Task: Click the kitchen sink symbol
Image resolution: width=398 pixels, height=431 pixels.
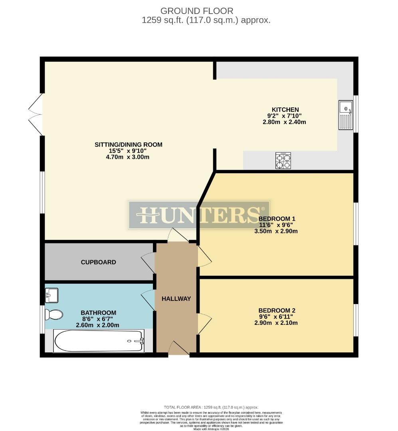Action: [x=346, y=115]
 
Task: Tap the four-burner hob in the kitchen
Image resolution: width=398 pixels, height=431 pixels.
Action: [x=283, y=160]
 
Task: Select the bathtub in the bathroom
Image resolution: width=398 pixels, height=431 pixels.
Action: [x=99, y=341]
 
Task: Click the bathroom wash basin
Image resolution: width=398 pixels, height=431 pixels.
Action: [x=52, y=295]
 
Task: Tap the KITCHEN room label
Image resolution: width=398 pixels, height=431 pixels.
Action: [x=285, y=110]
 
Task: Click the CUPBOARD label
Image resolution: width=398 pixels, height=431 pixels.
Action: [x=99, y=262]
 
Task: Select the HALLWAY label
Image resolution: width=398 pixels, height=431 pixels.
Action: [x=176, y=299]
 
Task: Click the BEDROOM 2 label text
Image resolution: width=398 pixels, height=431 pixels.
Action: [x=277, y=310]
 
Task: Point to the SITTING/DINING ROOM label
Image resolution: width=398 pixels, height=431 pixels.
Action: [x=128, y=144]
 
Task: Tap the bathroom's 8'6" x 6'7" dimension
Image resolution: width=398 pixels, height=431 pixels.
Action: [x=98, y=319]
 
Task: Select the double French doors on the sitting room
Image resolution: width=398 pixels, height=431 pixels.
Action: [x=35, y=115]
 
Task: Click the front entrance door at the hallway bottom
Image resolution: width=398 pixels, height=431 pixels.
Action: [x=178, y=348]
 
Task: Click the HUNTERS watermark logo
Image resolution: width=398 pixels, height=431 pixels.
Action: [x=198, y=215]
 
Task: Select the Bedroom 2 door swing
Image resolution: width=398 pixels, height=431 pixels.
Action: [x=204, y=324]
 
